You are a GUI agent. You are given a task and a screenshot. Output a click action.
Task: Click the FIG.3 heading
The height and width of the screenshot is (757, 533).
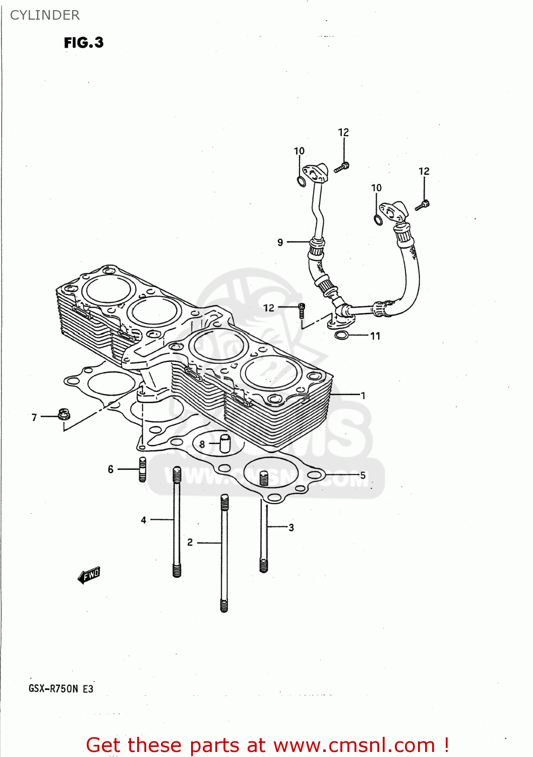pyautogui.click(x=84, y=42)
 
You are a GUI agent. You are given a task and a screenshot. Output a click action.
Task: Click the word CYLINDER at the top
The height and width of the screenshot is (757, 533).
pyautogui.click(x=45, y=15)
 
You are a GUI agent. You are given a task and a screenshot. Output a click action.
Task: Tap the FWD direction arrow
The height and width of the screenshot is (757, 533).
pyautogui.click(x=89, y=575)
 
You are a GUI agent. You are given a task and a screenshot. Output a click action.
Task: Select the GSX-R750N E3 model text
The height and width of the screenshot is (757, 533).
pyautogui.click(x=61, y=688)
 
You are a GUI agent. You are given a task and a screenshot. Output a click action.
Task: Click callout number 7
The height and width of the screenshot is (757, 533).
pyautogui.click(x=34, y=417)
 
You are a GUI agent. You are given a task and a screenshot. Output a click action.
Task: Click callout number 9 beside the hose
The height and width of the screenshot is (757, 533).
pyautogui.click(x=280, y=242)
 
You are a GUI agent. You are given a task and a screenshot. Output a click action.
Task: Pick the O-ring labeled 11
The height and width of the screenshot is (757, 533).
pyautogui.click(x=342, y=335)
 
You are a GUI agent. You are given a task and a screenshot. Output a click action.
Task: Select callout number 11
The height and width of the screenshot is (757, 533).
pyautogui.click(x=375, y=336)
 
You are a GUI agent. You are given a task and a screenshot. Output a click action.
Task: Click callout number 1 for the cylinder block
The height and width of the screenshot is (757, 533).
pyautogui.click(x=363, y=395)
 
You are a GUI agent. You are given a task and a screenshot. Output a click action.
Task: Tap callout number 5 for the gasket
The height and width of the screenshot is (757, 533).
pyautogui.click(x=363, y=475)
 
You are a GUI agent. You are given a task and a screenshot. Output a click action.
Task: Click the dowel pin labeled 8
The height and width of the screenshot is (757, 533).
pyautogui.click(x=224, y=444)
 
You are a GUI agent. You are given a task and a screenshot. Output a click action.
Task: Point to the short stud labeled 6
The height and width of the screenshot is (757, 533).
pyautogui.click(x=143, y=469)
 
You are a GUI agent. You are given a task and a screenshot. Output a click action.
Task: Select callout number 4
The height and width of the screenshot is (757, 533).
pyautogui.click(x=144, y=520)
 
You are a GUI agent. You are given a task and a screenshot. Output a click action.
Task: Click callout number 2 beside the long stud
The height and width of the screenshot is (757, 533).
pyautogui.click(x=190, y=542)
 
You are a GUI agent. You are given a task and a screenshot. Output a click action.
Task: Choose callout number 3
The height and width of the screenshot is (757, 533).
pyautogui.click(x=291, y=527)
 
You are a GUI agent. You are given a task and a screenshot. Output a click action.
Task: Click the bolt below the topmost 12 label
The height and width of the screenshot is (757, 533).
pyautogui.click(x=342, y=167)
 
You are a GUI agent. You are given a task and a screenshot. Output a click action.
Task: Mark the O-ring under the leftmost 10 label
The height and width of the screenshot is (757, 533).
pyautogui.click(x=301, y=181)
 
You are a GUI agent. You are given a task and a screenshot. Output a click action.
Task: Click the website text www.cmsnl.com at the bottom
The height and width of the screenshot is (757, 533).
pyautogui.click(x=354, y=745)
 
